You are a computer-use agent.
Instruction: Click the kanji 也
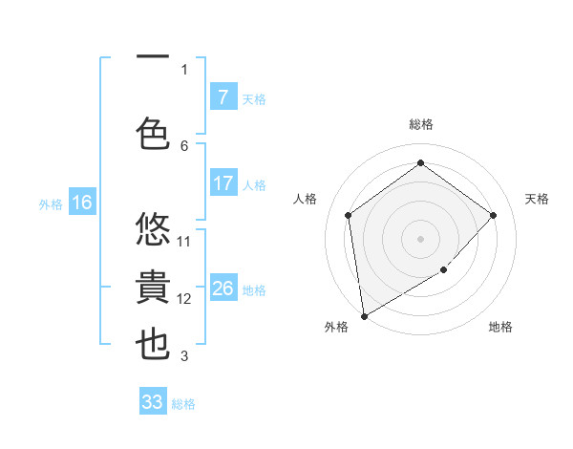pyautogui.click(x=153, y=345)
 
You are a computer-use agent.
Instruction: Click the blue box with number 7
pyautogui.click(x=223, y=97)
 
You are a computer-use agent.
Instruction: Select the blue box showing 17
pyautogui.click(x=223, y=183)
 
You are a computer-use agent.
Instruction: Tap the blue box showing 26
pyautogui.click(x=223, y=289)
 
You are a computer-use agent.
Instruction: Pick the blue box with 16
pyautogui.click(x=81, y=203)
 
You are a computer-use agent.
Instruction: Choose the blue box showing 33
pyautogui.click(x=153, y=402)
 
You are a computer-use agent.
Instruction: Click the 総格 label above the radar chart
pyautogui.click(x=420, y=124)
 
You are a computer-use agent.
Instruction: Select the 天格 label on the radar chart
pyautogui.click(x=537, y=199)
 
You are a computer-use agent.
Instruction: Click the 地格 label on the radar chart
pyautogui.click(x=500, y=327)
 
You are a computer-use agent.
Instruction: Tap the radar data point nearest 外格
pyautogui.click(x=364, y=315)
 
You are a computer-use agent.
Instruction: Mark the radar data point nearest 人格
pyautogui.click(x=349, y=215)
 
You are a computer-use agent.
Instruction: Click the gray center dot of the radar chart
pyautogui.click(x=420, y=238)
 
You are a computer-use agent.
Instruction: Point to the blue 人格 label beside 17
pyautogui.click(x=254, y=184)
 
